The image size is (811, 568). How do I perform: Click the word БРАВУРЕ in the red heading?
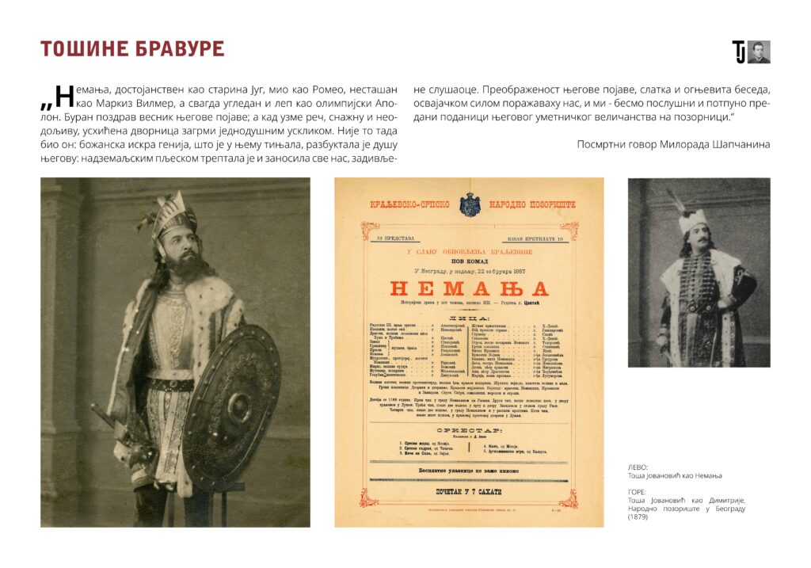(179, 48)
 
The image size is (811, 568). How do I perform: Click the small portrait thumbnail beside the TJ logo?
(759, 52)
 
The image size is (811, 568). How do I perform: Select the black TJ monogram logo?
(739, 52)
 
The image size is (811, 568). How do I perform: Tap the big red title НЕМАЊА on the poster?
(469, 288)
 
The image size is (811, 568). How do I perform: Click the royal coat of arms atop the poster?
(469, 204)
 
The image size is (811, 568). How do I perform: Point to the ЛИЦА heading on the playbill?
(469, 317)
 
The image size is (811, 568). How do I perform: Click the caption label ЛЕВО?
(637, 467)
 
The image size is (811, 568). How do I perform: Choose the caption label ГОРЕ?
(637, 492)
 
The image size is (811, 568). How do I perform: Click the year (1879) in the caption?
(639, 517)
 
